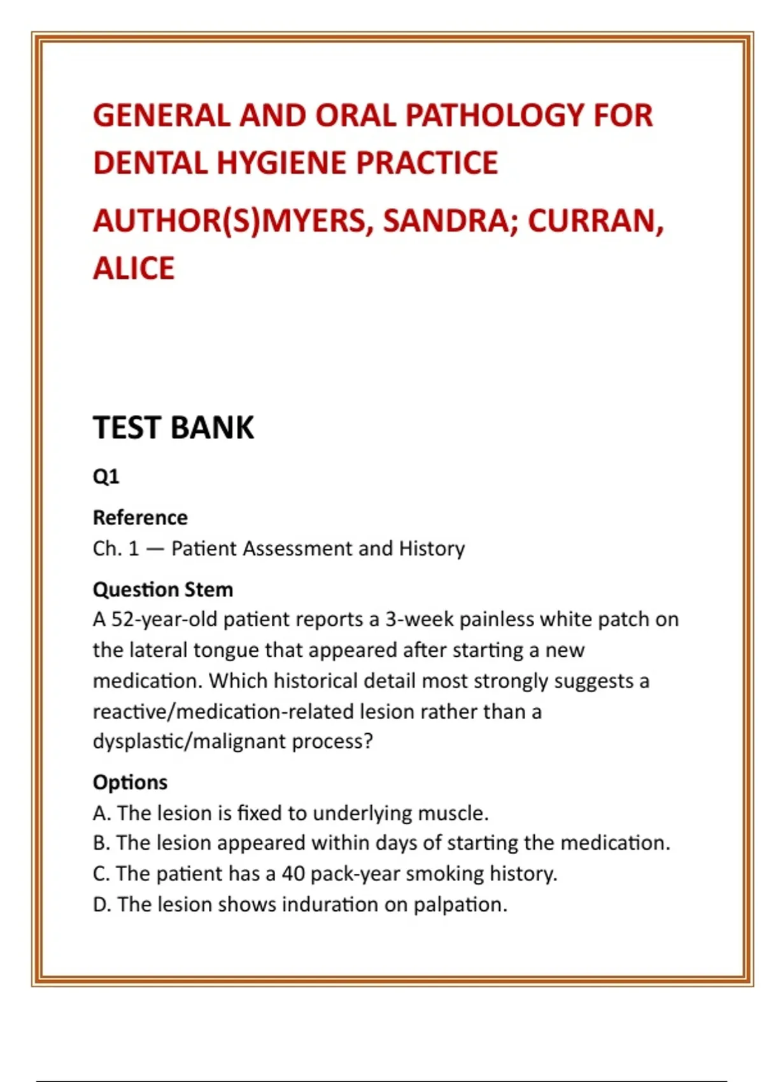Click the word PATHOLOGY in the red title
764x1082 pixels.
point(494,116)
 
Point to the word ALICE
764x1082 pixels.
point(134,268)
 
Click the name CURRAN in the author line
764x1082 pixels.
point(595,221)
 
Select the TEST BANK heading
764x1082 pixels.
point(173,428)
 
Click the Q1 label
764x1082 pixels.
point(106,476)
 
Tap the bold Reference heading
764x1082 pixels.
point(140,517)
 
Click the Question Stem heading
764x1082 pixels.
point(163,589)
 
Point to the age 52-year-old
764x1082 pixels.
point(164,619)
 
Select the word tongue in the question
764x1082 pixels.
point(226,650)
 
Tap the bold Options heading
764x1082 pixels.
point(130,782)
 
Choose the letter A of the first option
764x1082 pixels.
point(99,813)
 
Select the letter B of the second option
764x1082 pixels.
point(99,843)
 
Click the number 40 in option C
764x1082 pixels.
point(294,873)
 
